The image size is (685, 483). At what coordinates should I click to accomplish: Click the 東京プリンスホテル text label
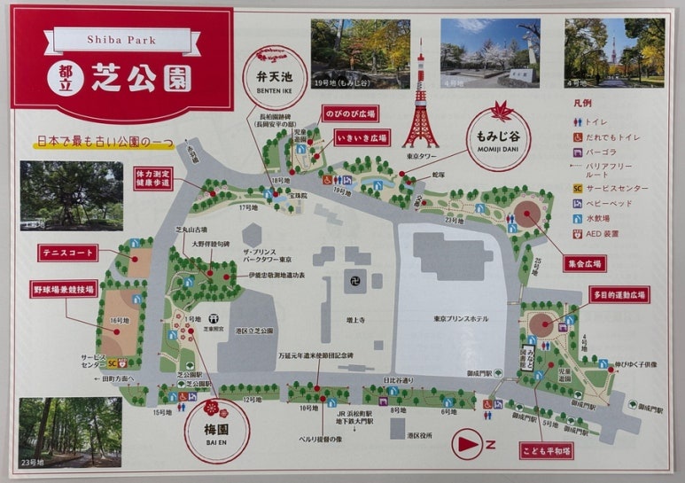click(458, 320)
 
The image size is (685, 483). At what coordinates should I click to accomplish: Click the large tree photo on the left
click(59, 195)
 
